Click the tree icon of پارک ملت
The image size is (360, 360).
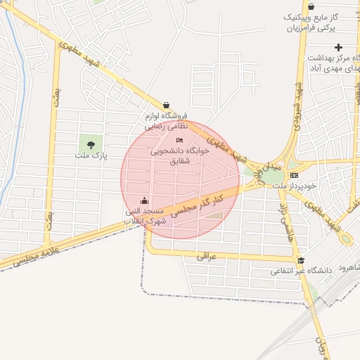point(91,145)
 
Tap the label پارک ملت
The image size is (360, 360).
point(92,155)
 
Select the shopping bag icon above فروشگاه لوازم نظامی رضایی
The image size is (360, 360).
point(166,105)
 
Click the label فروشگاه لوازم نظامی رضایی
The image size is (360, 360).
point(167,121)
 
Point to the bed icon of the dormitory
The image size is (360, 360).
point(178,141)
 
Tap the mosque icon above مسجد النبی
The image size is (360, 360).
point(144,200)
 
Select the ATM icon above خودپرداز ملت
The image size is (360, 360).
point(294,175)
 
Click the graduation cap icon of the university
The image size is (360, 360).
point(301,260)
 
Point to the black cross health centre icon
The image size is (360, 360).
point(339,47)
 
